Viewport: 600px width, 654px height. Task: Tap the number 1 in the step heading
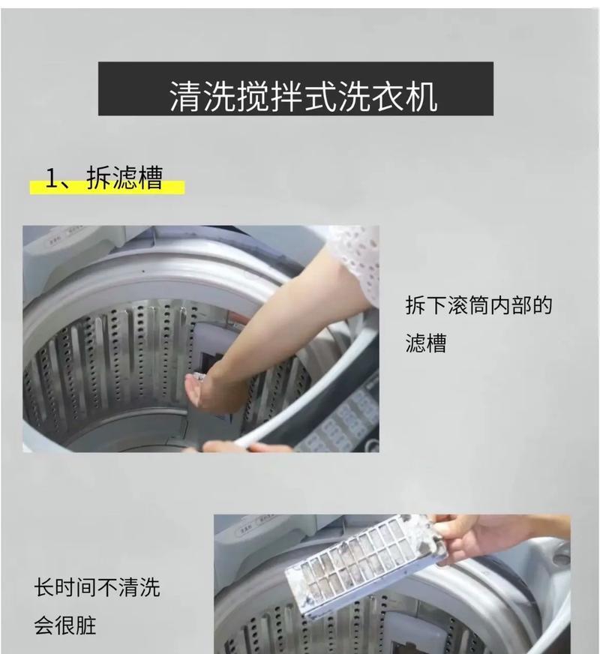pyautogui.click(x=51, y=178)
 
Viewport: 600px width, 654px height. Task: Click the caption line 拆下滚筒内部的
pyautogui.click(x=478, y=306)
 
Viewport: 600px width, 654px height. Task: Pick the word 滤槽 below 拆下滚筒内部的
pyautogui.click(x=425, y=344)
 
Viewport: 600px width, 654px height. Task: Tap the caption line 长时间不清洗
pyautogui.click(x=97, y=587)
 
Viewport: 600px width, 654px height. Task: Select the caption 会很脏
pyautogui.click(x=65, y=625)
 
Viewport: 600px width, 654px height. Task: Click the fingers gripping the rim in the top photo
pyautogui.click(x=240, y=447)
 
